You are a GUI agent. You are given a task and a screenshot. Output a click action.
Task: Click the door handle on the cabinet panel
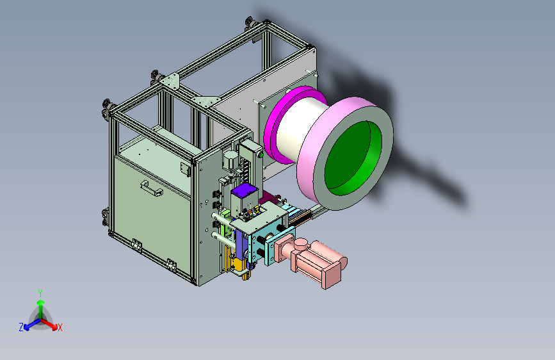coord(152,188)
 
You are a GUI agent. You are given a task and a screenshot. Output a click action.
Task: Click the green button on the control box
coord(261,154)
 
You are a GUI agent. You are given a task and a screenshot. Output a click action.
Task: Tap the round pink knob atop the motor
coord(301,244)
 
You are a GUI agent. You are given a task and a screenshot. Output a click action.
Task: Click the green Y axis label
coord(40,293)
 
